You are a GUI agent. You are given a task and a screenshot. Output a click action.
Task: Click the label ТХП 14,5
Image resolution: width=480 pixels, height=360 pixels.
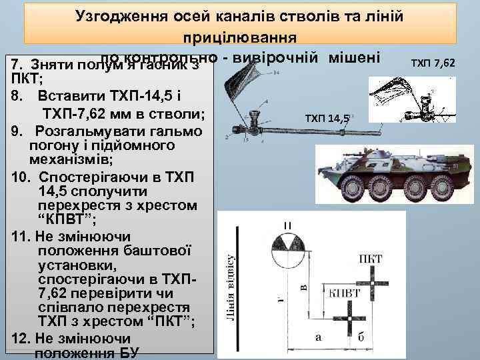click(x=327, y=118)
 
